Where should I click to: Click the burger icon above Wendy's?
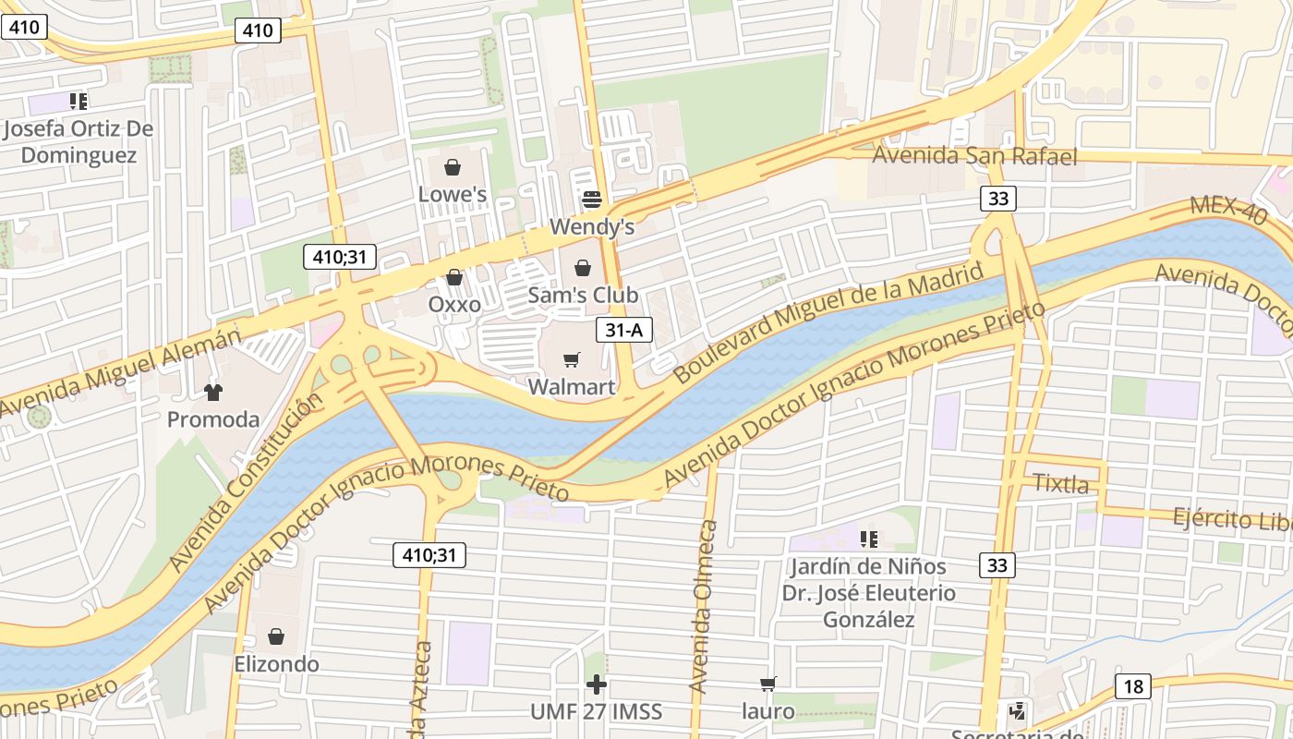click(591, 200)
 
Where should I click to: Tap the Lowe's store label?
click(453, 194)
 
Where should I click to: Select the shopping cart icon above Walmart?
click(572, 359)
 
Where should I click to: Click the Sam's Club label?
click(583, 295)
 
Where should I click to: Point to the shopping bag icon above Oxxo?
click(454, 277)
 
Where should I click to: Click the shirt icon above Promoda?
click(213, 392)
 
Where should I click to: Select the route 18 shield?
click(1133, 686)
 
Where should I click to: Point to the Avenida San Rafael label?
click(974, 156)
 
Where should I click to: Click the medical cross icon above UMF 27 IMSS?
click(597, 684)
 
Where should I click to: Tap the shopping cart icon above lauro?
click(768, 684)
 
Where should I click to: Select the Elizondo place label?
click(276, 663)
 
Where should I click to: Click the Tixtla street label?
click(1060, 483)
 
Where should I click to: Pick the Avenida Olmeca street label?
click(704, 607)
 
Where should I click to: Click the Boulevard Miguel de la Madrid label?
click(828, 323)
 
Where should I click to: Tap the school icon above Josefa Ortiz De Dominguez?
click(79, 101)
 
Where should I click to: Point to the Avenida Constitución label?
click(247, 480)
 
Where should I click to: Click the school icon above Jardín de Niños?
click(868, 538)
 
